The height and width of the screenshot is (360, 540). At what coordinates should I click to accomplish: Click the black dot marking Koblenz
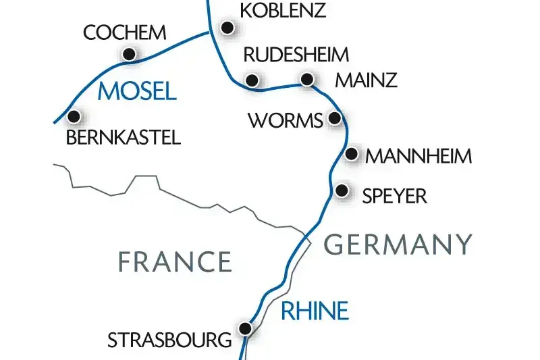pyautogui.click(x=228, y=28)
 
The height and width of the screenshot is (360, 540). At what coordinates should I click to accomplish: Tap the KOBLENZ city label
pyautogui.click(x=283, y=11)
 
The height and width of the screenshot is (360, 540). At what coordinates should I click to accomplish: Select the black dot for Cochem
pyautogui.click(x=128, y=54)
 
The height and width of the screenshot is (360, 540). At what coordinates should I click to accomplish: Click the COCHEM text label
pyautogui.click(x=124, y=32)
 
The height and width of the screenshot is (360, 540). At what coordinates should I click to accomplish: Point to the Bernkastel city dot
pyautogui.click(x=74, y=116)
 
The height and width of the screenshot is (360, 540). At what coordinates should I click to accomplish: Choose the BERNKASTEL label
pyautogui.click(x=124, y=138)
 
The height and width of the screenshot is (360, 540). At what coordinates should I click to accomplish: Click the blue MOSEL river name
pyautogui.click(x=137, y=91)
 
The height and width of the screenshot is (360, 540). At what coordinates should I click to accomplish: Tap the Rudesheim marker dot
pyautogui.click(x=253, y=80)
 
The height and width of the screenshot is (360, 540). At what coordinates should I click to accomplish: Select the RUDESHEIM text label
pyautogui.click(x=296, y=55)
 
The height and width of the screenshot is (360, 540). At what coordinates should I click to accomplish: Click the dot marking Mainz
pyautogui.click(x=307, y=79)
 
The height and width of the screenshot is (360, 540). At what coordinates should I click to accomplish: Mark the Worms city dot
pyautogui.click(x=334, y=119)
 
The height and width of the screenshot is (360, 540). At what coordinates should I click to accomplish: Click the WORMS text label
pyautogui.click(x=286, y=121)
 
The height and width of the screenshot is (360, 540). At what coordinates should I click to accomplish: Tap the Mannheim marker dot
pyautogui.click(x=351, y=155)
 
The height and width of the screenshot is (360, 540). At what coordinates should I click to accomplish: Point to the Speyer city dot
pyautogui.click(x=342, y=190)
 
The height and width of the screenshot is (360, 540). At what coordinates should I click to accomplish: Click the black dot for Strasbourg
pyautogui.click(x=246, y=328)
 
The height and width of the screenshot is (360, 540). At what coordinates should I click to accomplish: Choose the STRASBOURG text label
pyautogui.click(x=169, y=340)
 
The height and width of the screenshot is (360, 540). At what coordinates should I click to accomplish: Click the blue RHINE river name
pyautogui.click(x=315, y=311)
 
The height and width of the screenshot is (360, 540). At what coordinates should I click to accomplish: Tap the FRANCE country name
pyautogui.click(x=175, y=261)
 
